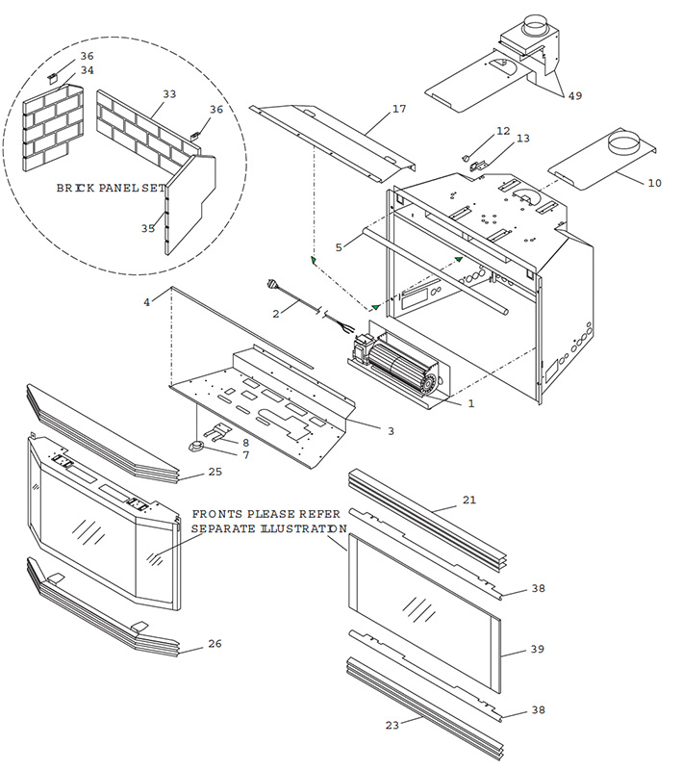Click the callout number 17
click(x=399, y=110)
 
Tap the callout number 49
click(x=574, y=95)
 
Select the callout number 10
click(x=654, y=182)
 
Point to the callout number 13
click(x=522, y=139)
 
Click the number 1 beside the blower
click(x=471, y=403)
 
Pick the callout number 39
click(x=538, y=649)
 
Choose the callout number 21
click(x=469, y=500)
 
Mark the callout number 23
click(x=392, y=725)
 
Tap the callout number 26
click(x=215, y=643)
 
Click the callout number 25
click(x=215, y=472)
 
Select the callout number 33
click(x=169, y=94)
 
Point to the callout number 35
click(x=148, y=228)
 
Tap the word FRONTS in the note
click(x=216, y=515)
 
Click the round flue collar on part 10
click(x=624, y=146)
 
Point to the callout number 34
click(x=87, y=70)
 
